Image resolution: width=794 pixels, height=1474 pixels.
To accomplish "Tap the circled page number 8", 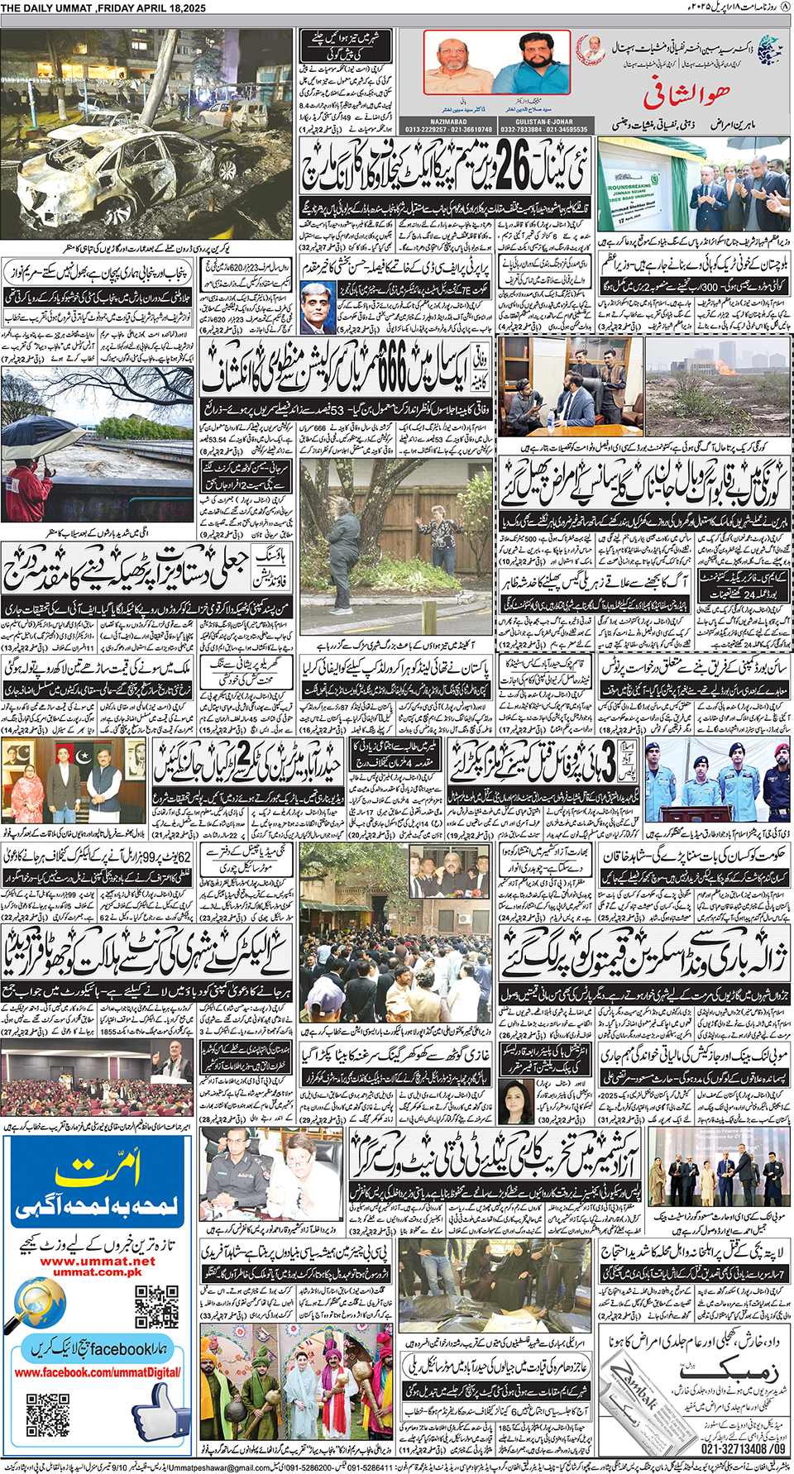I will click(x=785, y=8).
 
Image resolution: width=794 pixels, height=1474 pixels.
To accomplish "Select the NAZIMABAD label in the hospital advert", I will click(x=448, y=122).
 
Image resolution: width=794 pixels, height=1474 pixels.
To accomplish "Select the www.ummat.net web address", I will click(x=97, y=1262).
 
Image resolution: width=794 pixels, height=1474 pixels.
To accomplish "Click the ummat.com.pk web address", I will click(x=97, y=1272).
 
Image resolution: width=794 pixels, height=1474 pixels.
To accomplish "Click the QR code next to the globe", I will click(x=156, y=1305).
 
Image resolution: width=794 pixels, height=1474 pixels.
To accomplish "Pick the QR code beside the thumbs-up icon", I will click(x=48, y=1414).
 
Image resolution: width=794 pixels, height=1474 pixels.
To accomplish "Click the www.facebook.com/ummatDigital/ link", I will click(x=98, y=1372).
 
